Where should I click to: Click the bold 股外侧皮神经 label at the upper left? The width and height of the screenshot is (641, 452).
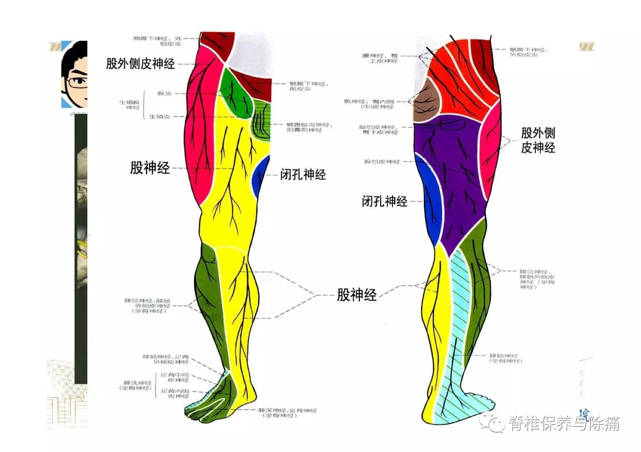(x=140, y=63)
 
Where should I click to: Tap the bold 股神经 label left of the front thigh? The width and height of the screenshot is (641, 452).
(x=149, y=168)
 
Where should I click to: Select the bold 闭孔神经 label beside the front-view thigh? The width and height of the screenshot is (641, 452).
(x=303, y=174)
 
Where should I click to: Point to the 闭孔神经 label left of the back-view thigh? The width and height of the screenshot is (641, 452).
(x=384, y=201)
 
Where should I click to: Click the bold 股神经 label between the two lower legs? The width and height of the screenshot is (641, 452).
(x=357, y=295)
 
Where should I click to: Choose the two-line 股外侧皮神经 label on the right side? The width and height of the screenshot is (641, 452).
(x=538, y=140)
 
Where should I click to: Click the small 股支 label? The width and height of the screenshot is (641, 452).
(x=164, y=93)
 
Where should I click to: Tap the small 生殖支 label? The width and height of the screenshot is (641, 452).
(x=159, y=117)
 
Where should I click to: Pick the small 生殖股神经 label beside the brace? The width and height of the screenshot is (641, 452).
(x=129, y=105)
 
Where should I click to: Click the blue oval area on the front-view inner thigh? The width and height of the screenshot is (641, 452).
(x=261, y=176)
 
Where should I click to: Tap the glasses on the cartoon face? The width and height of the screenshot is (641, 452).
(x=77, y=82)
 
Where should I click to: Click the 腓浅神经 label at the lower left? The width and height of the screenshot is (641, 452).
(x=137, y=385)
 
